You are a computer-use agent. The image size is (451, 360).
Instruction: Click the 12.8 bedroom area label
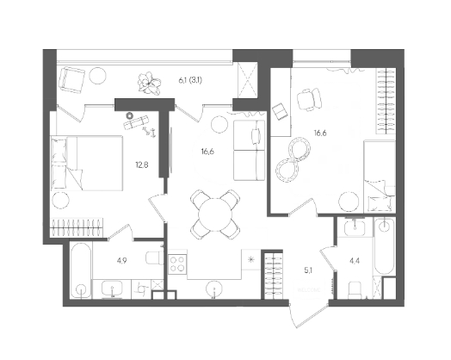tap(142, 164)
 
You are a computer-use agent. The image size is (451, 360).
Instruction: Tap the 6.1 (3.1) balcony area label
tap(190, 80)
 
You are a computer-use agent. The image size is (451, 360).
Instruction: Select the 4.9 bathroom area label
tap(121, 261)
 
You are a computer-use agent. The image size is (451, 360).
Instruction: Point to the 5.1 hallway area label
tap(308, 270)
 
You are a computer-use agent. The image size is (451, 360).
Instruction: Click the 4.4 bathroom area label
tap(355, 261)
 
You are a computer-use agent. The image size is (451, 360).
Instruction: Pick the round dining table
tap(215, 214)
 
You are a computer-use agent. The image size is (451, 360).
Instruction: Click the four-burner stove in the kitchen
tap(177, 264)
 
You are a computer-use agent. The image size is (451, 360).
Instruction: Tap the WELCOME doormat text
tap(309, 290)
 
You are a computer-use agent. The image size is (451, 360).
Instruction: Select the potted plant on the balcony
tap(149, 84)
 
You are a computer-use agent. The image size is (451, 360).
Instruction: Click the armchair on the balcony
tap(71, 80)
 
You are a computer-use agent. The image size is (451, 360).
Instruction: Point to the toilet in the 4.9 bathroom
tap(154, 258)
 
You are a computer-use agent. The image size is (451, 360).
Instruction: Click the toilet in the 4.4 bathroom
tap(355, 290)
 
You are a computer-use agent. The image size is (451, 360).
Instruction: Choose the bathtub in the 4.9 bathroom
tap(81, 271)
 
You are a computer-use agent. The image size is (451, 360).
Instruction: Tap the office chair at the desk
tap(309, 99)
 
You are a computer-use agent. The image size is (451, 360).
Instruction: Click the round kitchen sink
tap(213, 289)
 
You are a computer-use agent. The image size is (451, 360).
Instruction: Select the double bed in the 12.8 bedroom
tap(87, 163)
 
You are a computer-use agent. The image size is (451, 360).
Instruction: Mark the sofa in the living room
tap(249, 150)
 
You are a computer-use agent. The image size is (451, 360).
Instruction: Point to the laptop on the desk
tap(280, 111)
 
